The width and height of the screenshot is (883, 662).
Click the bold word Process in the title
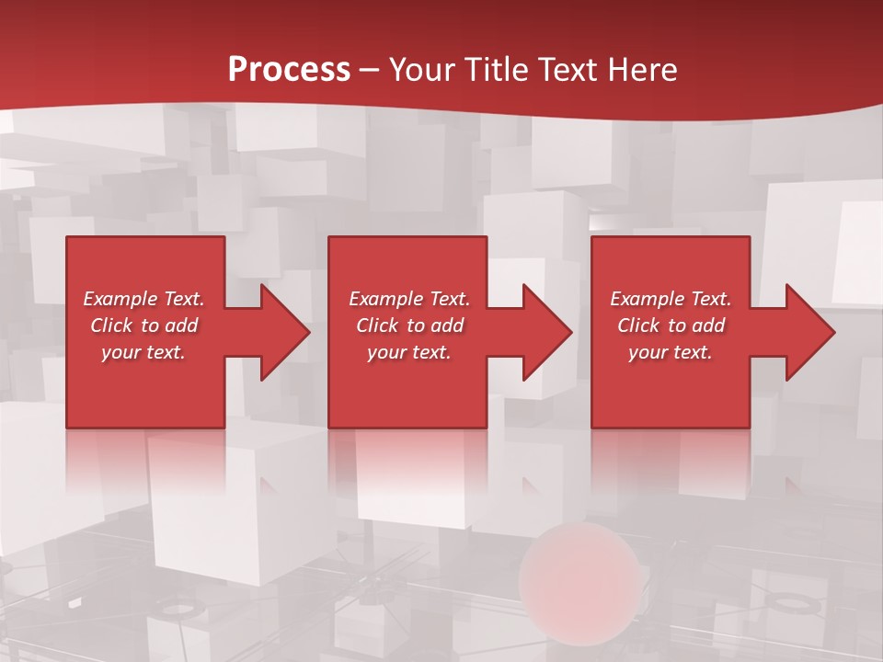click(289, 70)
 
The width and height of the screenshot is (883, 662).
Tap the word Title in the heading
click(497, 70)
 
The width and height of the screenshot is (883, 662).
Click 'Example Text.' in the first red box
click(144, 299)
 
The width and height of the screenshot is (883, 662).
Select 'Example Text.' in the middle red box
click(409, 299)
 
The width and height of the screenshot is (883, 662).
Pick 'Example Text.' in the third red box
click(671, 299)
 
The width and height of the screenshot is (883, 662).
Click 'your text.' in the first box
click(144, 352)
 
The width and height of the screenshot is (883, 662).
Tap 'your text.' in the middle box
click(409, 352)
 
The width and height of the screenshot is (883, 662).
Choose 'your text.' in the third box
click(671, 352)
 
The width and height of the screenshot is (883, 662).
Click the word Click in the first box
click(111, 325)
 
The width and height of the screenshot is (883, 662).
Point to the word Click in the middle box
click(377, 325)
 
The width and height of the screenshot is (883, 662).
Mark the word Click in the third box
click(638, 325)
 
